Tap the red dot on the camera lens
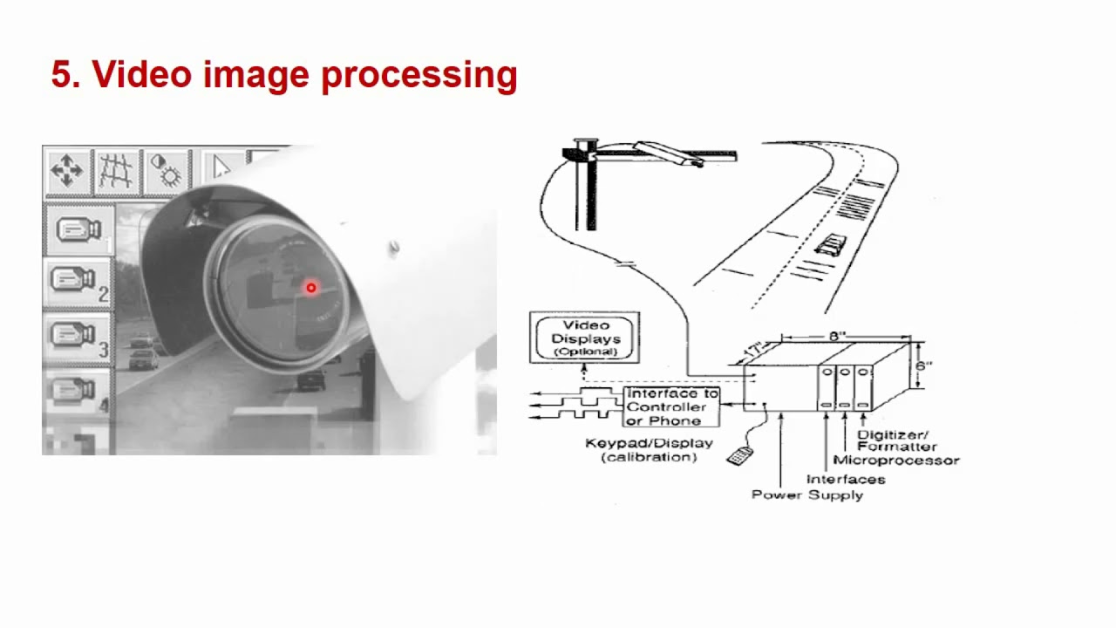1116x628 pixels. click(310, 288)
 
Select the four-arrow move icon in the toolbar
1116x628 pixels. click(67, 170)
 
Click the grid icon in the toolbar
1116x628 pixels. click(116, 170)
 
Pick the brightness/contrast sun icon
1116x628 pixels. click(166, 170)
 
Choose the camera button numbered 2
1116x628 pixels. click(77, 281)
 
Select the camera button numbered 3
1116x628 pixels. click(77, 336)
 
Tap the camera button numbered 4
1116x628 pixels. click(77, 392)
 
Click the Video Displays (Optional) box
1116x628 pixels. click(584, 338)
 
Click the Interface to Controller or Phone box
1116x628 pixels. click(672, 406)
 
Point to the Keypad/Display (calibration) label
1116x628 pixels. click(649, 449)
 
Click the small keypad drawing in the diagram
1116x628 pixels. click(739, 455)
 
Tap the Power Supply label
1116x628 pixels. click(806, 495)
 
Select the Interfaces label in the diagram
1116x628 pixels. click(845, 479)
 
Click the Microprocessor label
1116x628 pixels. click(895, 460)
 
